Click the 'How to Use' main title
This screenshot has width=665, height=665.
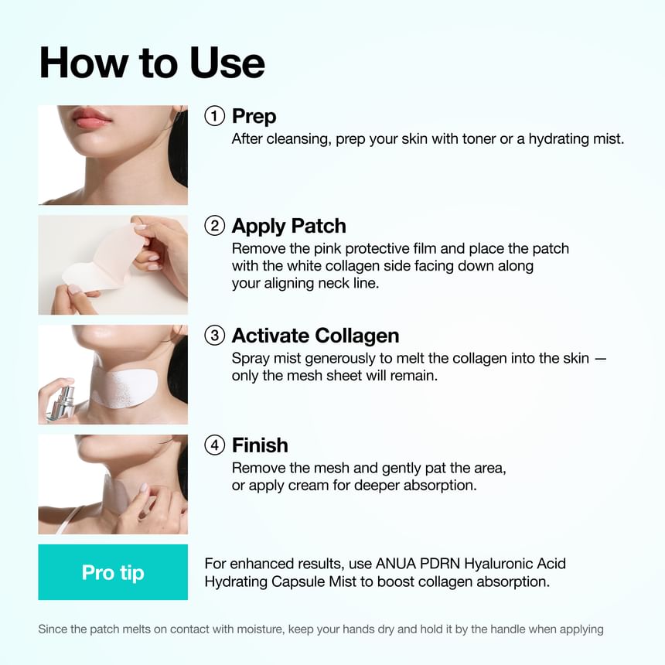point(152,63)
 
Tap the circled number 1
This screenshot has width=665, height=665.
point(214,116)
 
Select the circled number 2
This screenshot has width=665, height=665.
point(214,226)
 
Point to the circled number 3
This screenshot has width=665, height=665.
point(214,336)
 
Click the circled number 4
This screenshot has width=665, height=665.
point(214,445)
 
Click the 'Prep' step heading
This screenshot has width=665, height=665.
point(254,117)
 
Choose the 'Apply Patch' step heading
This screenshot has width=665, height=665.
point(288,227)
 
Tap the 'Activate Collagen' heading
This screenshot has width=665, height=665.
point(315,336)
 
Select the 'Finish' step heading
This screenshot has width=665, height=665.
point(260,445)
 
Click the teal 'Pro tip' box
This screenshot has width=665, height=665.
point(113,572)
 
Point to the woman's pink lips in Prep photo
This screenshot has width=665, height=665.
point(92,118)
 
